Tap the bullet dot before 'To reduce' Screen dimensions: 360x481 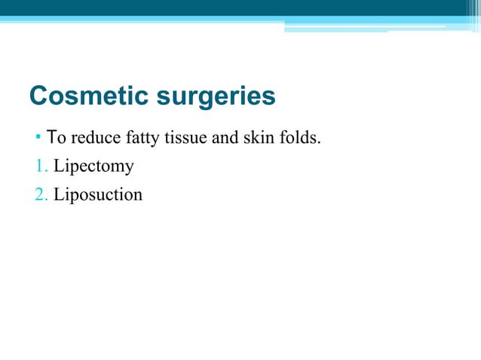(x=38, y=139)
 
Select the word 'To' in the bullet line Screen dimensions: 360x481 (x=55, y=138)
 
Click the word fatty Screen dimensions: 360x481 (x=137, y=138)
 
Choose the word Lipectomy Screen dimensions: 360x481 (x=93, y=166)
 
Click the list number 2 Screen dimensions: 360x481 (x=39, y=194)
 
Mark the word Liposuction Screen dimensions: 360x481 (x=97, y=194)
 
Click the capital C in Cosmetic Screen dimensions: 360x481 (x=38, y=96)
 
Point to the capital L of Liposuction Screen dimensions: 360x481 (x=58, y=194)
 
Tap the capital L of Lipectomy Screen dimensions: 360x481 (x=58, y=166)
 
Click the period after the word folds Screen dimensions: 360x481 (x=320, y=142)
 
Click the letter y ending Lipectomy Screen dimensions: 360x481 (x=129, y=168)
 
